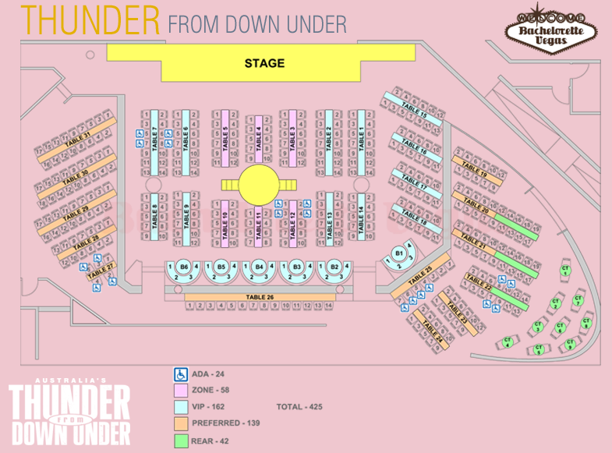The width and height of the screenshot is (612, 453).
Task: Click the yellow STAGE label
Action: pos(264,63)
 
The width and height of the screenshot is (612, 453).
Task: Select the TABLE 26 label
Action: pos(260,296)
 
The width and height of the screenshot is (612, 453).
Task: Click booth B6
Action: pos(184,267)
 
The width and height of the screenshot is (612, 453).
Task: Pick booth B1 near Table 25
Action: pos(399,253)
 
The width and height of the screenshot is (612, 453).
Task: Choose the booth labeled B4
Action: pos(259,267)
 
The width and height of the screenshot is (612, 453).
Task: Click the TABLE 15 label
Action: pos(413,108)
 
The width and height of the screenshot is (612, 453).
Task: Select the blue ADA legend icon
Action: pos(180,373)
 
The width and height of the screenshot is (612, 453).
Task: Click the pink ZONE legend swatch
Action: pos(180,390)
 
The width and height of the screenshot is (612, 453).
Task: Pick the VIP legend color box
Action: pos(180,406)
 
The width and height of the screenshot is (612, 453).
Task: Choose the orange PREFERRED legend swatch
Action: pos(180,423)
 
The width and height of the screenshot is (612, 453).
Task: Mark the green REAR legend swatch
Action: pos(180,439)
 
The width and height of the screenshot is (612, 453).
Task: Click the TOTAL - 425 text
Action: pos(299,407)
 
